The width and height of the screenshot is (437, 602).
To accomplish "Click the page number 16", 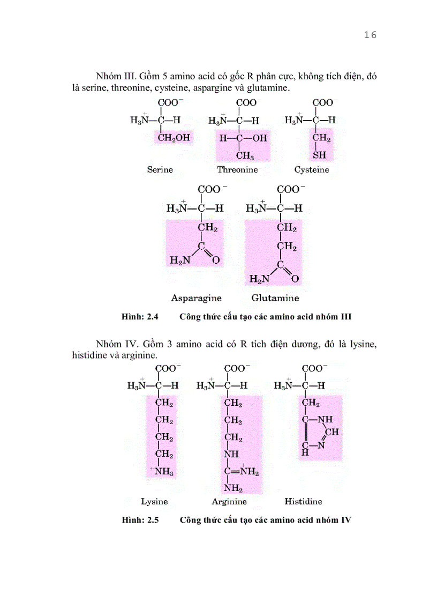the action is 370,35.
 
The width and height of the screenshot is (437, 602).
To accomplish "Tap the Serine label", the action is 160,169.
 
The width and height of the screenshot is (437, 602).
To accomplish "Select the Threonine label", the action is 237,169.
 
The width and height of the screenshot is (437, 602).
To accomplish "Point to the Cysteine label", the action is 312,169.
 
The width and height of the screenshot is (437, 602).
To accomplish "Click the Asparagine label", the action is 196,298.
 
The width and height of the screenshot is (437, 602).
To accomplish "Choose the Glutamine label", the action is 275,298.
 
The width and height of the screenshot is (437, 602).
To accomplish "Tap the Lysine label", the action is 154,502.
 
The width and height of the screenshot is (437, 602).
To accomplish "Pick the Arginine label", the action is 229,502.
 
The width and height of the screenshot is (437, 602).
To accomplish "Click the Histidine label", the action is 303,502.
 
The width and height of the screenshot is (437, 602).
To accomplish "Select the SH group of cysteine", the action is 320,155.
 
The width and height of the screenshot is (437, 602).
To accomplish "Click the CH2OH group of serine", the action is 174,138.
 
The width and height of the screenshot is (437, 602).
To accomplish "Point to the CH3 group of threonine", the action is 245,156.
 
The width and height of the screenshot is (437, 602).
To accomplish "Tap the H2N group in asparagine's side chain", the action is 180,261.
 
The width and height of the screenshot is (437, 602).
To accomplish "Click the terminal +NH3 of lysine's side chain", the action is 162,472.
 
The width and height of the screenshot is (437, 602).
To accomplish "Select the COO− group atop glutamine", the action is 289,189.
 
